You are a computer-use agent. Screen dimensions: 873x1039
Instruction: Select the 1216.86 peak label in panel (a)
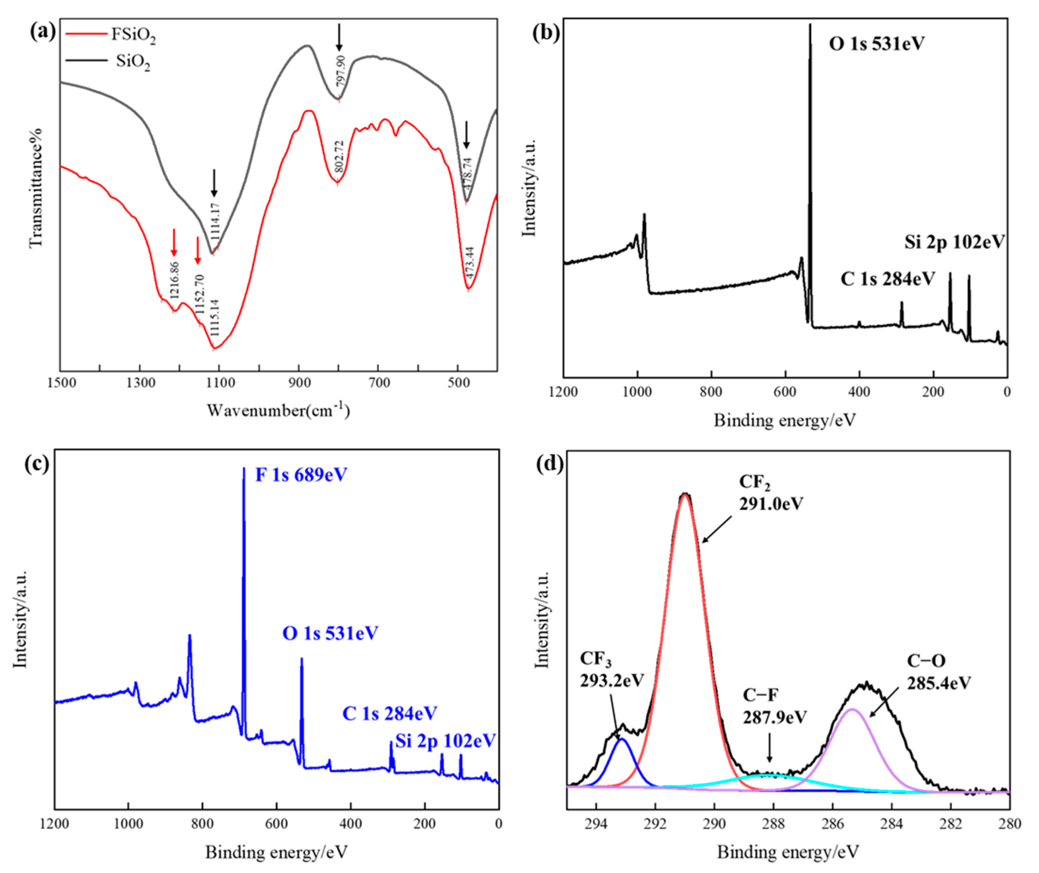click(174, 280)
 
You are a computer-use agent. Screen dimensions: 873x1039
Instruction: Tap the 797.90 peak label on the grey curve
click(341, 71)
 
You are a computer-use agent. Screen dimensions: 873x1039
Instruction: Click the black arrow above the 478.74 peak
click(466, 134)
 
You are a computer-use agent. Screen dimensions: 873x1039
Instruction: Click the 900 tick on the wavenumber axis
click(298, 383)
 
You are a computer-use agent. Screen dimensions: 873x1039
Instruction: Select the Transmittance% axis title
click(36, 188)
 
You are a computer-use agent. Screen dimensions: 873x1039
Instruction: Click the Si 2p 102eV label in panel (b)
click(955, 242)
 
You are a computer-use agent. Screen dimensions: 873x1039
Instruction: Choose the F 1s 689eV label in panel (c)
click(301, 475)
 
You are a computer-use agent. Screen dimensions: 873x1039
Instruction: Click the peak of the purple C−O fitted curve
click(851, 710)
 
